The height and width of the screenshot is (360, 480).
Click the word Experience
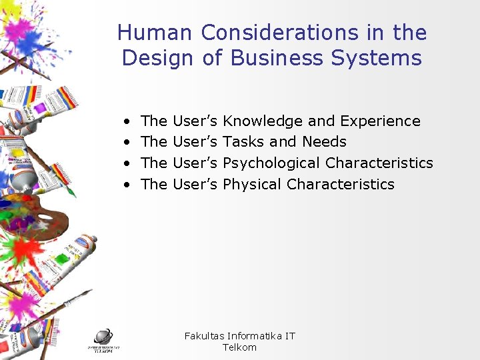pos(380,121)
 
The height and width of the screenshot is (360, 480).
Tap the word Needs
pos(324,142)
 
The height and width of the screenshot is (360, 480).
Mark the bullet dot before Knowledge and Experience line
pos(127,122)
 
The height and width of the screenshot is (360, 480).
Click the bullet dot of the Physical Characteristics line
pos(127,185)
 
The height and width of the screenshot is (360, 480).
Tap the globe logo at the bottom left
pos(103,337)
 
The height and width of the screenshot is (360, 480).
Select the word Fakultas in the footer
pos(204,336)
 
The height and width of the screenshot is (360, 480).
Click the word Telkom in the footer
pos(239,347)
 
